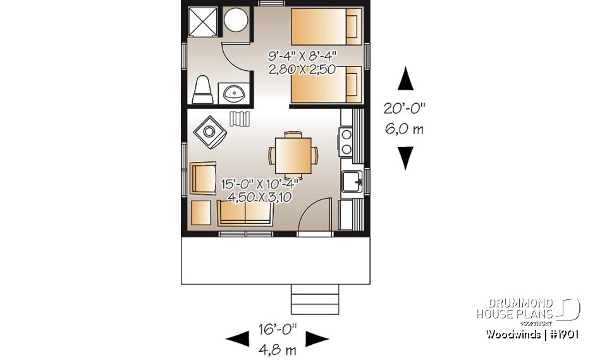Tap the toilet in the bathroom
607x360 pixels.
[202, 90]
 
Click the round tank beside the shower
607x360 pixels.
[236, 22]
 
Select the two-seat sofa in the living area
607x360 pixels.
[245, 213]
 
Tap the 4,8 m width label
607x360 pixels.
[277, 349]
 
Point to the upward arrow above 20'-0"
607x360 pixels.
[405, 80]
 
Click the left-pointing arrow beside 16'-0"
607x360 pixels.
[238, 339]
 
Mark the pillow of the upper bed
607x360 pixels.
[352, 26]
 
